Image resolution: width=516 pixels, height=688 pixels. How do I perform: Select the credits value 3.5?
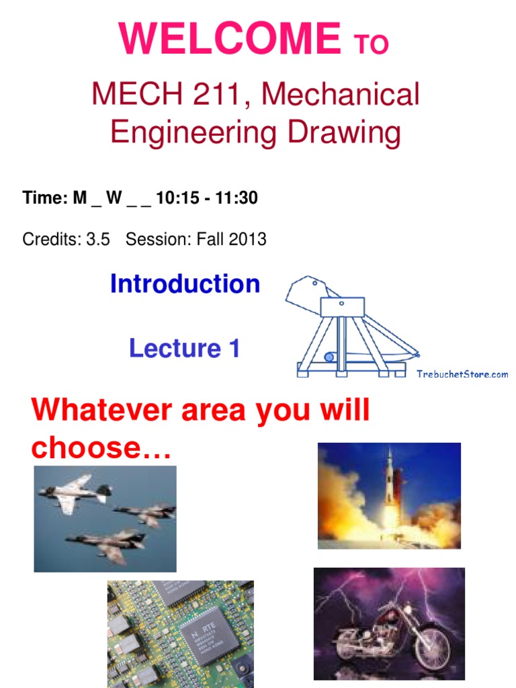click(97, 239)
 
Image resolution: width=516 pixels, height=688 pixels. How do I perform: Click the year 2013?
click(248, 239)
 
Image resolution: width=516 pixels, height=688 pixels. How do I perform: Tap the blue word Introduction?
click(185, 284)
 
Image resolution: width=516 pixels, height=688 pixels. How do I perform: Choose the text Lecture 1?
click(184, 348)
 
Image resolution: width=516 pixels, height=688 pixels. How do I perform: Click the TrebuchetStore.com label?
click(462, 374)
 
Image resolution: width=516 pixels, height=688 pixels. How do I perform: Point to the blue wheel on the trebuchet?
click(329, 357)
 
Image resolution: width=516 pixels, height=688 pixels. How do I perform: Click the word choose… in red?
click(101, 448)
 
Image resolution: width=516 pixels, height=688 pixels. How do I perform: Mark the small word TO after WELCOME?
click(371, 44)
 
